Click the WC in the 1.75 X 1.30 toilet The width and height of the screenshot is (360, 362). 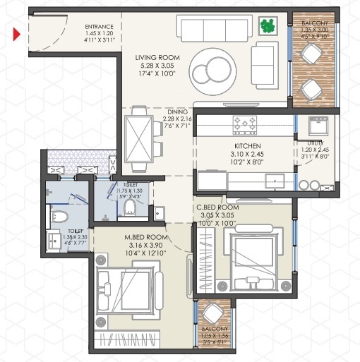[129, 205]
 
